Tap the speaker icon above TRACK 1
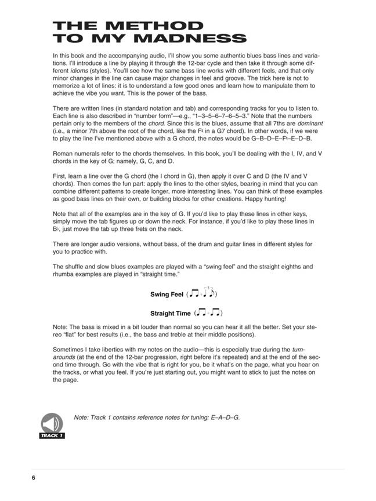[x=52, y=423]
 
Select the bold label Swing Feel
[x=167, y=294]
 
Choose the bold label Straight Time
[x=170, y=313]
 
